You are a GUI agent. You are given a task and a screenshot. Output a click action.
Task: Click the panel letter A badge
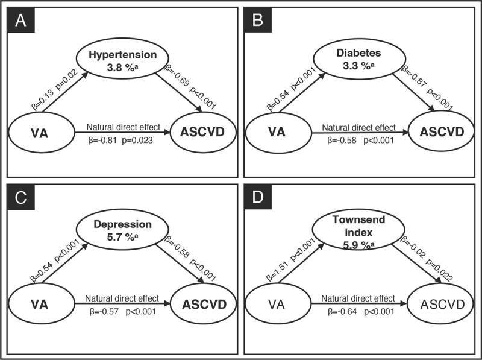coord(21,20)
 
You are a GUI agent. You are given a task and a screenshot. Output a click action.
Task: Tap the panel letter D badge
coord(258,197)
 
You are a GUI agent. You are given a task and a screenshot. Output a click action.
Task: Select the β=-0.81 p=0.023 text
coord(120,141)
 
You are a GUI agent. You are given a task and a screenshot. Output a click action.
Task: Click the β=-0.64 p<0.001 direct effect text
coord(360,312)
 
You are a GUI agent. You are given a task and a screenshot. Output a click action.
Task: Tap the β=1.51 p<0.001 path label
coord(291,261)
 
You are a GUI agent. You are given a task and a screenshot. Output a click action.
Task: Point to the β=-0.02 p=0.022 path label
coord(427,259)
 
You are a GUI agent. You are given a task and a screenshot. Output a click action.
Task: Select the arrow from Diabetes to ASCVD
coord(414,93)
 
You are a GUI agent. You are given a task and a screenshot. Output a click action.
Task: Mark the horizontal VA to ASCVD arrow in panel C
coord(122,303)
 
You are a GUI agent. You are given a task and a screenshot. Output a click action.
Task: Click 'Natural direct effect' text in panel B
coord(358,127)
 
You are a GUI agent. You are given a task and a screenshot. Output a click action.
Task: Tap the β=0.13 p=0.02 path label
coord(55,89)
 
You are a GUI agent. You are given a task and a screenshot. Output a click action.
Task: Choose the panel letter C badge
coord(21,197)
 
